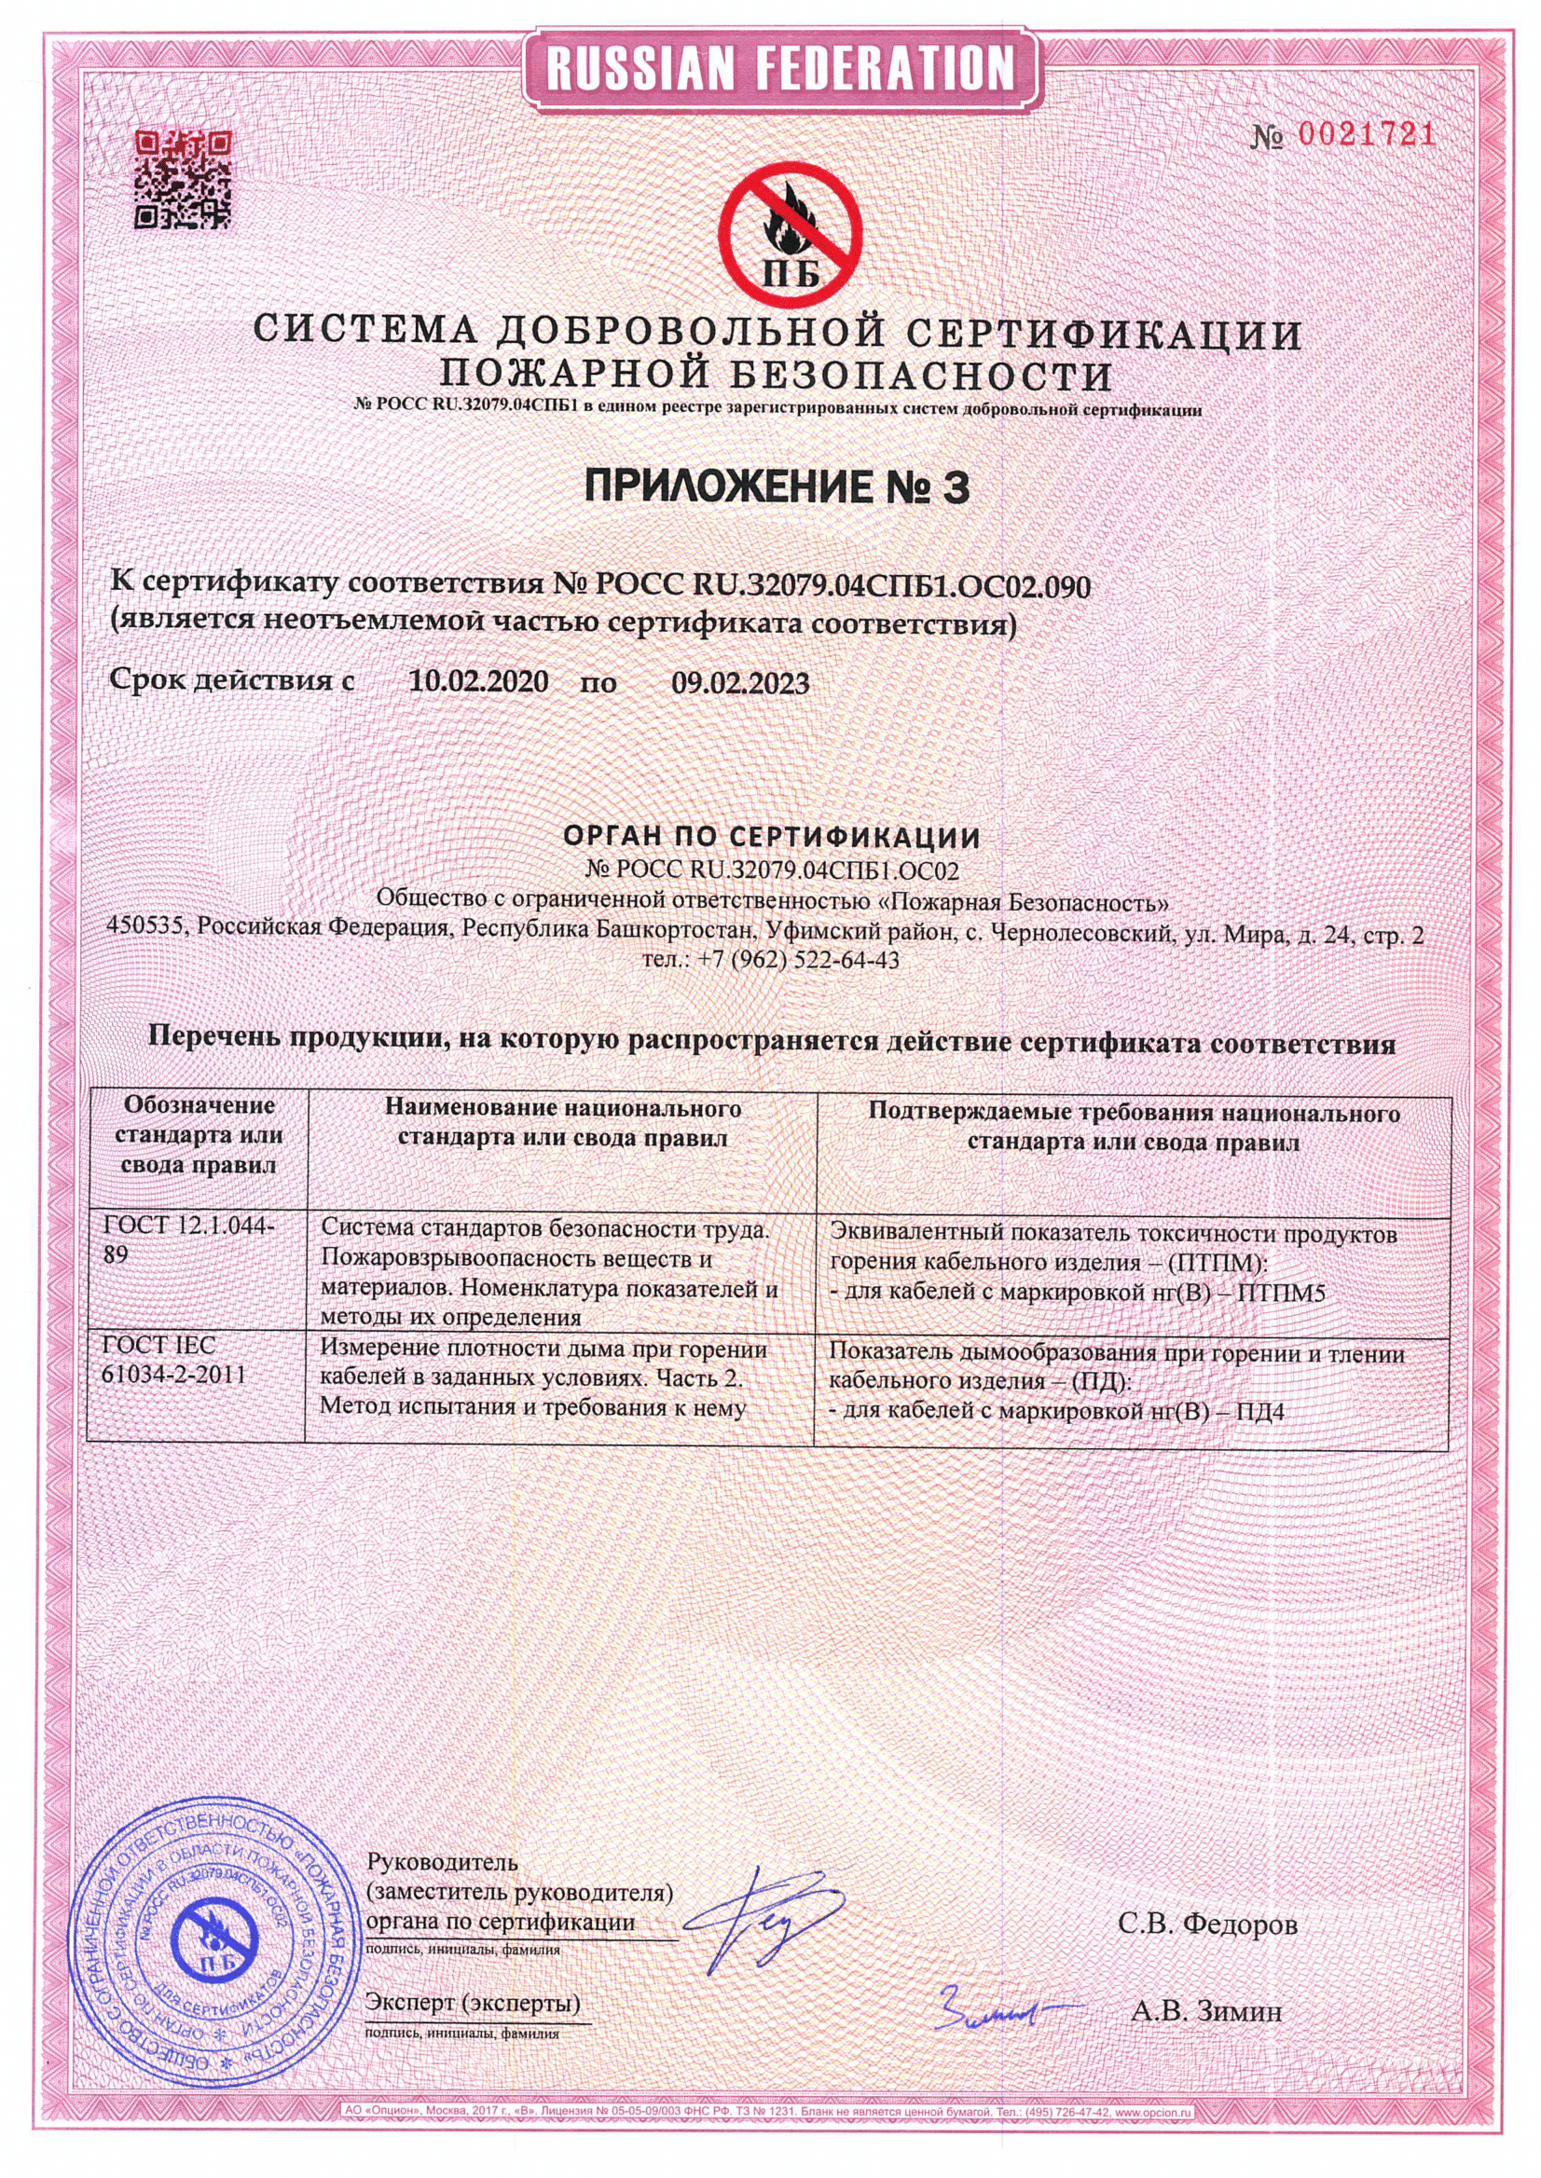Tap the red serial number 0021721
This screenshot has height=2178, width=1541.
pos(1367,136)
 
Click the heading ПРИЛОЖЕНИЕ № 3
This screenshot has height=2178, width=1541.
pos(777,487)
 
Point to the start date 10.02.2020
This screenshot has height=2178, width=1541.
pos(478,682)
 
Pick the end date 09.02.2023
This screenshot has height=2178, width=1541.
pos(740,683)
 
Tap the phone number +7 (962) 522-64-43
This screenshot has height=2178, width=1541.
pos(798,960)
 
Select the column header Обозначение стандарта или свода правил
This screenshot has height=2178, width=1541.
pos(199,1134)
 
